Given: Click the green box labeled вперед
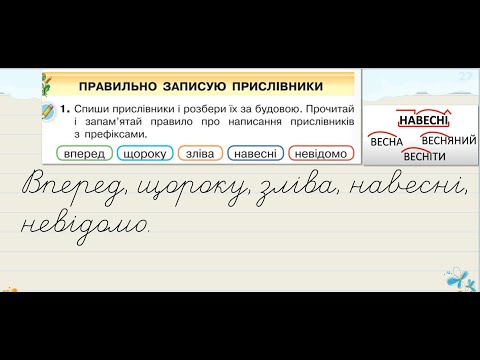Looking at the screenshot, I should [81, 154].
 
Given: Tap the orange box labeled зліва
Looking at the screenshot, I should [200, 154].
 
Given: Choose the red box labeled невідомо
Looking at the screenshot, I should [322, 154].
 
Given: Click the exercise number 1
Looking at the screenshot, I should [62, 105].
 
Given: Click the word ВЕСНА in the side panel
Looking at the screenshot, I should [386, 142].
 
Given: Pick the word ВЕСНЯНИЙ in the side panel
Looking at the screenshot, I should [441, 141].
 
